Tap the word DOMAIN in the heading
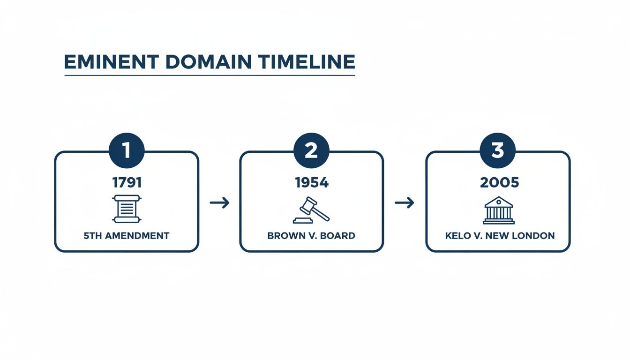point(194,62)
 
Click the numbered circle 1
point(127,150)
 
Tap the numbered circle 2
point(311,150)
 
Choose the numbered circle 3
point(497,150)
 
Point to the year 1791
point(127,182)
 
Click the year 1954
point(312,182)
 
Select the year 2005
point(499,182)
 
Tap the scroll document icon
point(127,209)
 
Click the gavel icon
point(311,210)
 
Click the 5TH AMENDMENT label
point(127,236)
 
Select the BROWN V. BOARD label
point(311,236)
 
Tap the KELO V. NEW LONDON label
point(500,236)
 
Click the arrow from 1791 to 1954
point(219,202)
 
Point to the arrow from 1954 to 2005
point(405,202)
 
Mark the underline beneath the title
point(210,75)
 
